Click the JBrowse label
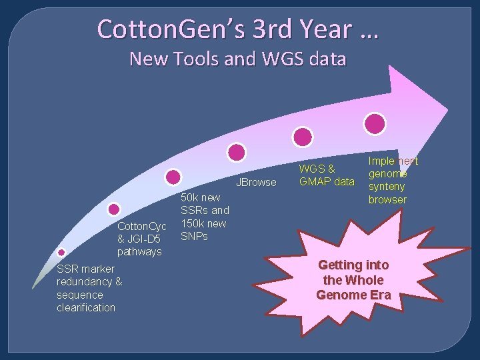click(x=256, y=183)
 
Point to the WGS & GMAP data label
click(x=327, y=175)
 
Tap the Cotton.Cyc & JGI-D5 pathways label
click(x=142, y=239)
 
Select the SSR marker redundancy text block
click(x=89, y=288)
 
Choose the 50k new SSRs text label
click(x=205, y=217)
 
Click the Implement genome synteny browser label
click(x=393, y=180)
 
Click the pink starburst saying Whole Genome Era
click(x=353, y=279)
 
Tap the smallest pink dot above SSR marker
click(x=61, y=252)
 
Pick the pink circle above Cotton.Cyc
click(x=114, y=209)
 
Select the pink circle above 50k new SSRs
click(x=173, y=177)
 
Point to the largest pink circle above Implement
click(x=375, y=123)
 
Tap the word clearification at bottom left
click(x=86, y=307)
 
